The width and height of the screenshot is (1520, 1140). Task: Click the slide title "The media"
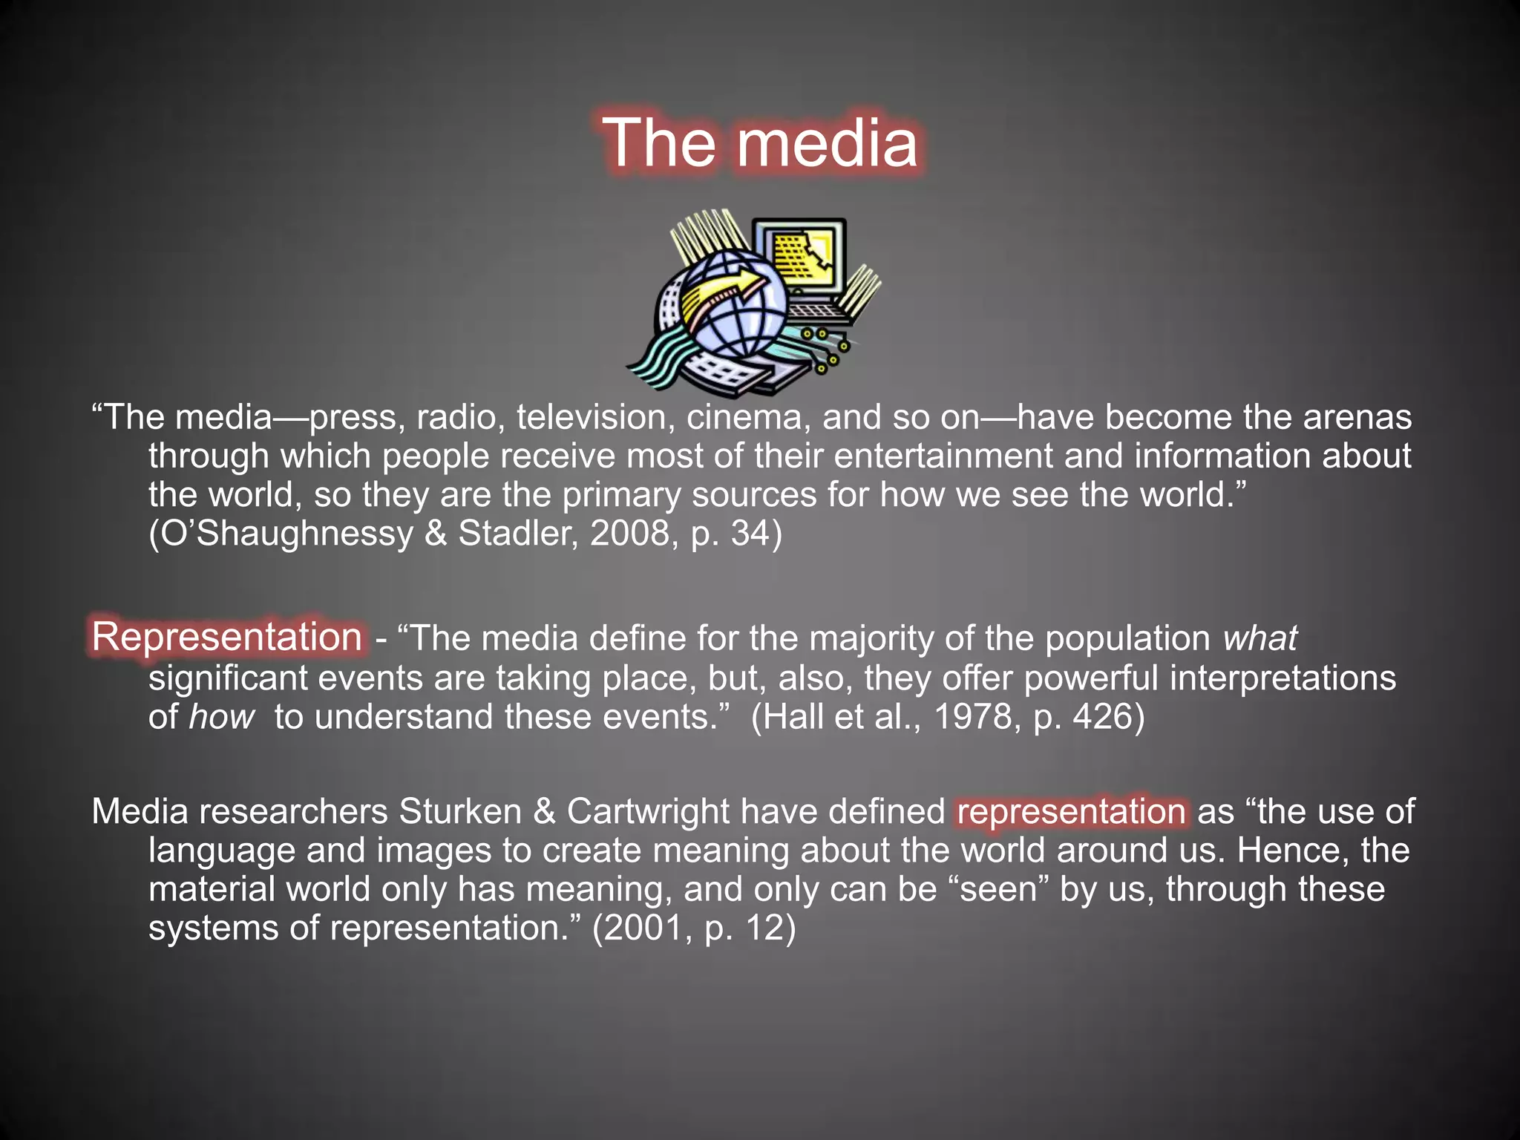760,142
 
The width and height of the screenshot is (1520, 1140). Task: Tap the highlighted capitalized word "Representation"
226,637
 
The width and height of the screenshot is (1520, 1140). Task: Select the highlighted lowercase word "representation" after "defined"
1071,811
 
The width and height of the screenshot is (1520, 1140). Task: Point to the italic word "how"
221,717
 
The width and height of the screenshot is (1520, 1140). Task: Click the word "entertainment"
943,456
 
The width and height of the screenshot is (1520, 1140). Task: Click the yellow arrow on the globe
724,291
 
